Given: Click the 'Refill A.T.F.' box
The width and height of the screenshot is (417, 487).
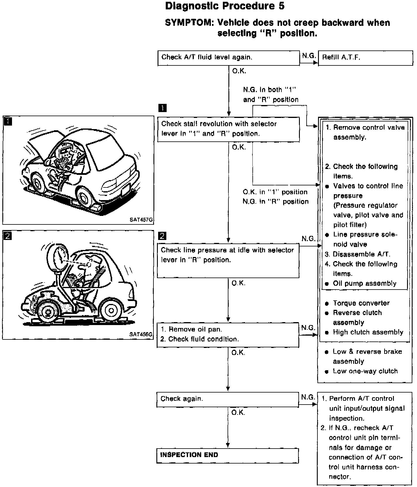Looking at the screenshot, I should pyautogui.click(x=365, y=58).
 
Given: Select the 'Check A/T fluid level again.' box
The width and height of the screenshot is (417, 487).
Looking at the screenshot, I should pyautogui.click(x=228, y=58).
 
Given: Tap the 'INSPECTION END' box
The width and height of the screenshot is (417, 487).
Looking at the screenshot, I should pyautogui.click(x=228, y=456).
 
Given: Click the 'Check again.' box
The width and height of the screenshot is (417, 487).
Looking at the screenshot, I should pyautogui.click(x=228, y=399).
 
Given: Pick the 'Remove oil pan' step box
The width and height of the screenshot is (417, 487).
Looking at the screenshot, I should pyautogui.click(x=228, y=335).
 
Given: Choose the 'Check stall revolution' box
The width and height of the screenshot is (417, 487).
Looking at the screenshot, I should pyautogui.click(x=228, y=129).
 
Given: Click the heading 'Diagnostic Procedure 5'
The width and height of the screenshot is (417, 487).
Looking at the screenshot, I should pyautogui.click(x=225, y=6).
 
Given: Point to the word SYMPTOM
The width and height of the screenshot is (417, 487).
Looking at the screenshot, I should pyautogui.click(x=188, y=23).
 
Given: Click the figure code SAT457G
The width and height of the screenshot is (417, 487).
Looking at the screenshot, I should pyautogui.click(x=141, y=220).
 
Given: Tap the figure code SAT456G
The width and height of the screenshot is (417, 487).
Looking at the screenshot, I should pyautogui.click(x=141, y=334).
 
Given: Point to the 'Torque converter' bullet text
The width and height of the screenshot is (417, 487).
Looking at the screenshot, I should pyautogui.click(x=361, y=303).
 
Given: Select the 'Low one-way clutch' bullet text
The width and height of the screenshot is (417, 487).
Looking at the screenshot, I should pyautogui.click(x=365, y=371).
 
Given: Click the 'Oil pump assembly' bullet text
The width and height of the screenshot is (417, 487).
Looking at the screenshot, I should pyautogui.click(x=365, y=283).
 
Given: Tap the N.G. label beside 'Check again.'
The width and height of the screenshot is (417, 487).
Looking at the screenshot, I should pyautogui.click(x=308, y=397).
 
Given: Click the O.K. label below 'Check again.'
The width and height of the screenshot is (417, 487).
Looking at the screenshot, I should pyautogui.click(x=238, y=412).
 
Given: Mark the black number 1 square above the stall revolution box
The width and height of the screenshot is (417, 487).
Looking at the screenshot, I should pyautogui.click(x=162, y=108).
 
